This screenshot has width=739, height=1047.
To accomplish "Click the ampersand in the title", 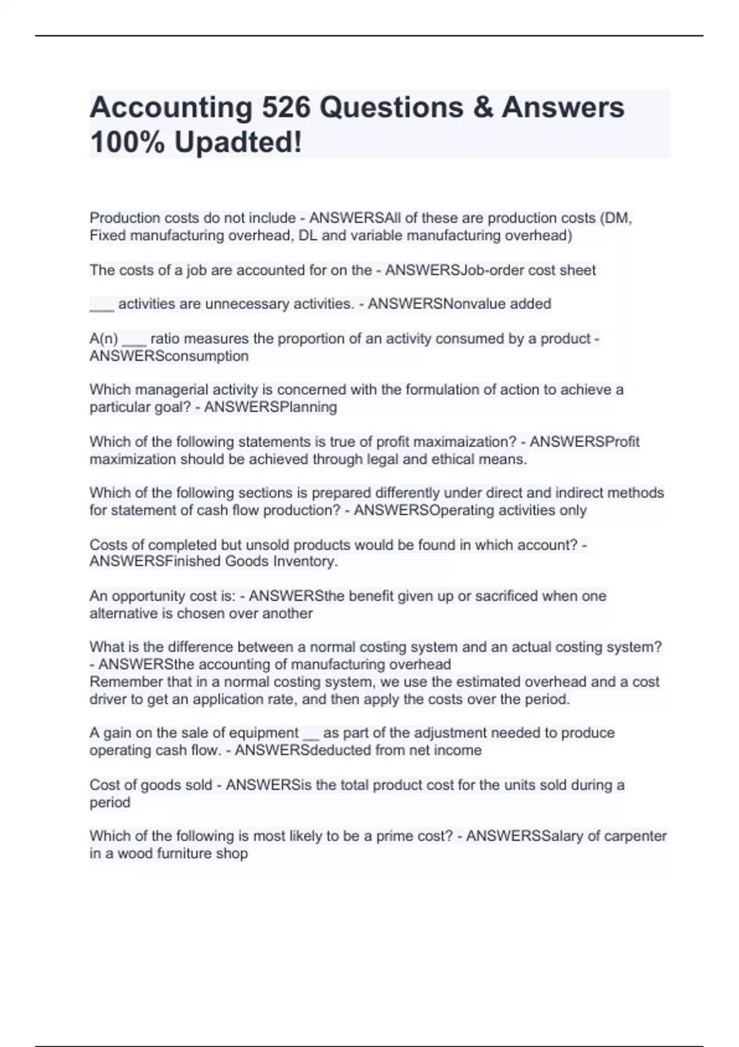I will point(482,107).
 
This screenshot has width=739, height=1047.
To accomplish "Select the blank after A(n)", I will point(134,340).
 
